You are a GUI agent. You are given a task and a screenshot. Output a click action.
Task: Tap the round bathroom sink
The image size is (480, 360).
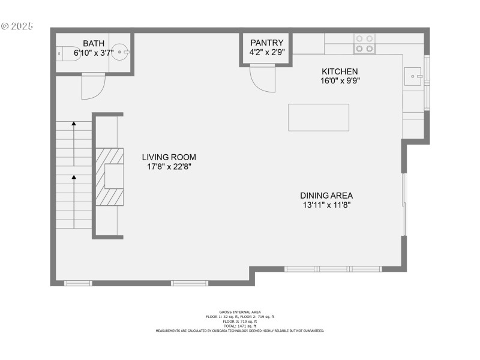[121, 53]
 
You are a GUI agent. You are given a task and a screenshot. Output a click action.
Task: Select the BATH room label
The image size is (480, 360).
[93, 43]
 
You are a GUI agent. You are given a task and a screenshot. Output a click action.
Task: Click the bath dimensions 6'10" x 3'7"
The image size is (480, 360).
[94, 53]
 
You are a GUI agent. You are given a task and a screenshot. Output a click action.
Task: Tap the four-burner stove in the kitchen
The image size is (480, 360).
[364, 43]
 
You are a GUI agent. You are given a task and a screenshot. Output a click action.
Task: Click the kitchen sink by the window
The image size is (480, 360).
[413, 76]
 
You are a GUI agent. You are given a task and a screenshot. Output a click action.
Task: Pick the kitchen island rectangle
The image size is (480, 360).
[319, 117]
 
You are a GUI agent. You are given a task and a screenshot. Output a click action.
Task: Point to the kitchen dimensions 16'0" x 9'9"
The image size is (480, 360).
[340, 80]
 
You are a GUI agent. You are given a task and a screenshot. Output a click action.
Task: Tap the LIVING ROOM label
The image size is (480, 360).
[169, 157]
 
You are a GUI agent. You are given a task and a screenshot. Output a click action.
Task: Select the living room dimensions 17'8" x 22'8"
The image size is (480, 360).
[169, 167]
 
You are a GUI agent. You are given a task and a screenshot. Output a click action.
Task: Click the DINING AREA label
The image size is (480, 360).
[326, 195]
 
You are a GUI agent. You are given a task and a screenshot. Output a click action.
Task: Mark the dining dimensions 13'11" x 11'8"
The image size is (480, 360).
[326, 205]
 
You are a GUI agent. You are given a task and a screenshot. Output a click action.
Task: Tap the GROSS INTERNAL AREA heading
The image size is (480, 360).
[240, 312]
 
